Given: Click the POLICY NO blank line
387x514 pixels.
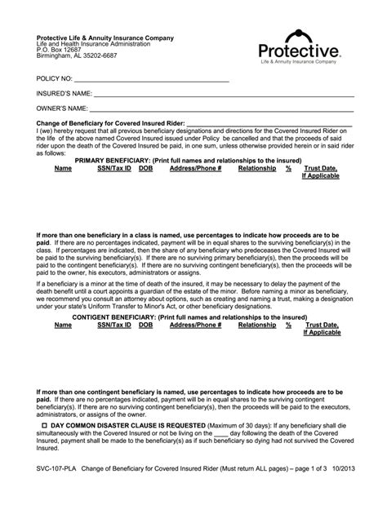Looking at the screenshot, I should click(x=151, y=81).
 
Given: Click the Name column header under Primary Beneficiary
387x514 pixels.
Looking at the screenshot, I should click(x=63, y=169).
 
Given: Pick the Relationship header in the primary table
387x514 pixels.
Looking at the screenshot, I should click(x=256, y=169).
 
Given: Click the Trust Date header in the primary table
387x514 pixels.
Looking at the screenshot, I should click(x=321, y=169).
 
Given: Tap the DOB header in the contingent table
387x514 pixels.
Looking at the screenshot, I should click(x=145, y=325).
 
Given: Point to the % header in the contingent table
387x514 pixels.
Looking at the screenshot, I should click(x=288, y=325).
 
